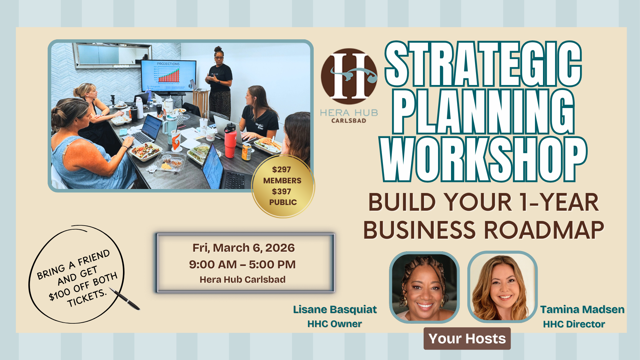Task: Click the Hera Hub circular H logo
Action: pos(349,76)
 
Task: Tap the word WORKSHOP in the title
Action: pos(483,159)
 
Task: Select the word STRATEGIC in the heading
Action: pos(483,64)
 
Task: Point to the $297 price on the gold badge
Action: pos(281,170)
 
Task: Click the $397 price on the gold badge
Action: pos(281,192)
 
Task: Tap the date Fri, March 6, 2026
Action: pos(244,248)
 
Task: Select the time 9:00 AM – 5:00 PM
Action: pos(242,265)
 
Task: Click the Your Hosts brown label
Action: pos(467,339)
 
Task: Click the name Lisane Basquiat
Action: pos(335,310)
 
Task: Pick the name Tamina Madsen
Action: pos(582,310)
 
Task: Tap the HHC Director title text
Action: pos(574,324)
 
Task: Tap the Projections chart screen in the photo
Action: pos(168,75)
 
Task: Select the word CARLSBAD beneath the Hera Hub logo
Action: pos(349,121)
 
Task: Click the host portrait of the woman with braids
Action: pos(424,287)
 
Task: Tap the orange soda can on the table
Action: pos(246,152)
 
